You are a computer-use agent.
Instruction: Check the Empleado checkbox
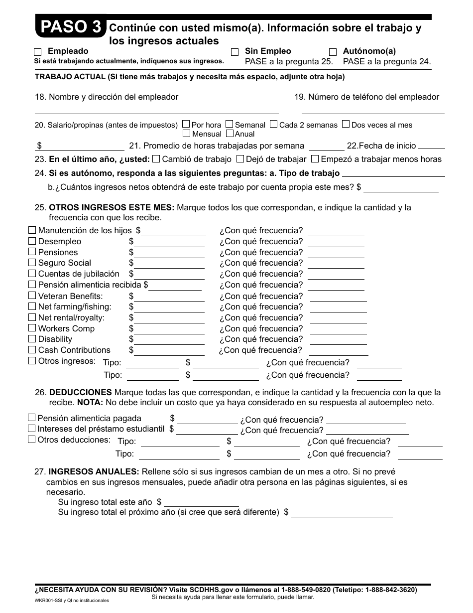coord(38,52)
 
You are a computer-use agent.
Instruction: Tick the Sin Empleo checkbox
coord(235,52)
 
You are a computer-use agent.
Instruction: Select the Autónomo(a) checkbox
coord(333,52)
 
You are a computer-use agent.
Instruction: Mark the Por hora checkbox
coord(186,125)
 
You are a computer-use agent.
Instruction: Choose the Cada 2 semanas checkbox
coord(273,125)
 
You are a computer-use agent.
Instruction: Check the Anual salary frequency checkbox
coord(230,134)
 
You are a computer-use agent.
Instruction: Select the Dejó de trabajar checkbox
coord(240,159)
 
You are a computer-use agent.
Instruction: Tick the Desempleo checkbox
coord(32,241)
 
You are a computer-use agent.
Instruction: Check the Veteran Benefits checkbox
coord(32,296)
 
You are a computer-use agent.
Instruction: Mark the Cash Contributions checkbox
coord(32,350)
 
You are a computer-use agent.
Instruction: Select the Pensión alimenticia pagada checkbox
coord(32,418)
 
